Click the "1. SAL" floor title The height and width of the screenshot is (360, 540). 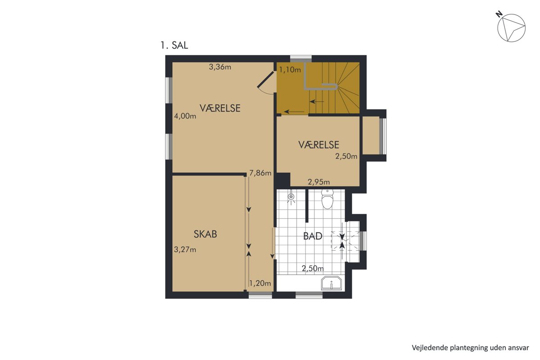[x=174, y=45]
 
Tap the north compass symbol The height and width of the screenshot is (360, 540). [x=511, y=27]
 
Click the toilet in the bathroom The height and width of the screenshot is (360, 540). [x=328, y=199]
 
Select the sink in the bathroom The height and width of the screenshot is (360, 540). [x=332, y=283]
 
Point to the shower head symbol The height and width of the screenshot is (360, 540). [x=292, y=197]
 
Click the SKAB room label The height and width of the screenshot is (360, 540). [x=205, y=234]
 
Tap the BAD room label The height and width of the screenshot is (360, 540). [x=313, y=236]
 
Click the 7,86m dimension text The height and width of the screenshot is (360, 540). [x=261, y=173]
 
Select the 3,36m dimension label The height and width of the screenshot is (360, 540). [x=220, y=67]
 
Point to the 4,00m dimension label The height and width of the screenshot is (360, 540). [x=185, y=116]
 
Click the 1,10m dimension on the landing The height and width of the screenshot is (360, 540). [x=290, y=70]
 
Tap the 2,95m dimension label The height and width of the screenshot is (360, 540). [x=319, y=182]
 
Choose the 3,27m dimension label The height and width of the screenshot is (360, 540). [x=185, y=250]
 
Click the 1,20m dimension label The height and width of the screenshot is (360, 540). [x=260, y=283]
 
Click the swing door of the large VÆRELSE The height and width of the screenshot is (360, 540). [x=266, y=80]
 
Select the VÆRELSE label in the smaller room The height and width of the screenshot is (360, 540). [x=319, y=145]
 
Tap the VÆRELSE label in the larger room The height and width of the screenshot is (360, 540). [x=220, y=108]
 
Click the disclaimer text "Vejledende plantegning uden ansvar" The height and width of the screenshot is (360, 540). [x=470, y=347]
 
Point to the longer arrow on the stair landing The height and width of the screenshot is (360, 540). [x=294, y=112]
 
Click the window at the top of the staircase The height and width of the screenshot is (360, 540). [x=301, y=59]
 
